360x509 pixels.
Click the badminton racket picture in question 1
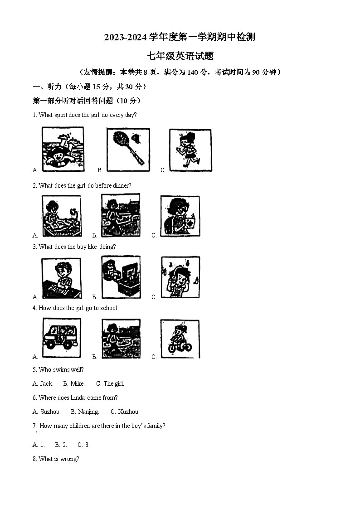coord(128,149)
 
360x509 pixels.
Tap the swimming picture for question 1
coord(63,149)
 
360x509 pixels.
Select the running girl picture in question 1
coord(190,150)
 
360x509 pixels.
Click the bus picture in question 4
coord(62,338)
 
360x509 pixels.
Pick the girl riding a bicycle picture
coord(180,339)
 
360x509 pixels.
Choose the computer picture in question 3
coord(121,277)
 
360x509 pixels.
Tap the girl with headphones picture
coord(180,277)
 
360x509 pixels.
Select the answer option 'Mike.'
coord(78,384)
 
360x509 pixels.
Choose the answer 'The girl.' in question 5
coord(114,384)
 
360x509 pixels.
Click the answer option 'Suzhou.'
coord(50,412)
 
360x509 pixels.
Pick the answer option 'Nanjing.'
coord(88,412)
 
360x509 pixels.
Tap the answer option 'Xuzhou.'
coord(129,412)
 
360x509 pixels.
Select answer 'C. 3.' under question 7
coord(83,445)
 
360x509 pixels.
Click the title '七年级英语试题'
coord(180,56)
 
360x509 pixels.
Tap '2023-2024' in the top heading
coord(126,37)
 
